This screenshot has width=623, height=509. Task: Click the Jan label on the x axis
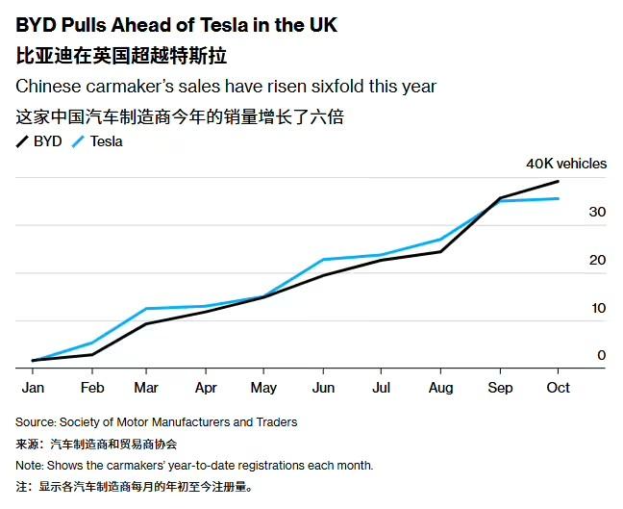33,388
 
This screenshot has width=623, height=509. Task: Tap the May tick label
263,388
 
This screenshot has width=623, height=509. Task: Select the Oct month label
558,388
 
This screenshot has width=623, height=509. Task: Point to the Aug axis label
440,388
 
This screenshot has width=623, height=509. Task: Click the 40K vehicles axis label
565,164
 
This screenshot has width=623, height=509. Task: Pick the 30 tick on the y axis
597,212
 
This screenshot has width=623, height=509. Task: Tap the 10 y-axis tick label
597,308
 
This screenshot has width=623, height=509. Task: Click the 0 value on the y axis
601,355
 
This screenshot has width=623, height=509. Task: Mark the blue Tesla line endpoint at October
559,198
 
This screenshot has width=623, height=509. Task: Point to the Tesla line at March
146,309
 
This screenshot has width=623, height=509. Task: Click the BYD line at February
92,354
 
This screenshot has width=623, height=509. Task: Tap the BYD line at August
440,251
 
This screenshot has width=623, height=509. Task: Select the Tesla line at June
323,260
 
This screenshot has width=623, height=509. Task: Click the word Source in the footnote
35,421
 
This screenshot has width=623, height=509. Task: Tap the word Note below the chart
29,465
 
